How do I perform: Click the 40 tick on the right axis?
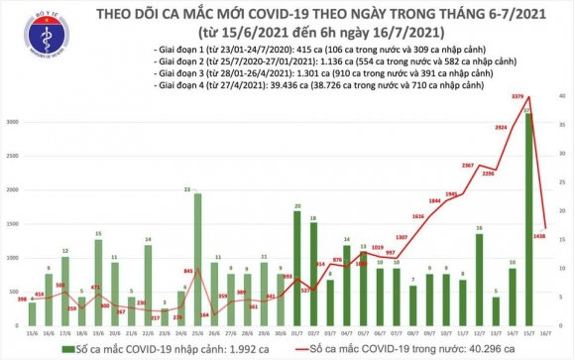(562, 96)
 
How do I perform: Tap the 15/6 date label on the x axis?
(32, 334)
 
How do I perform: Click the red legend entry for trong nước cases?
(397, 349)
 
